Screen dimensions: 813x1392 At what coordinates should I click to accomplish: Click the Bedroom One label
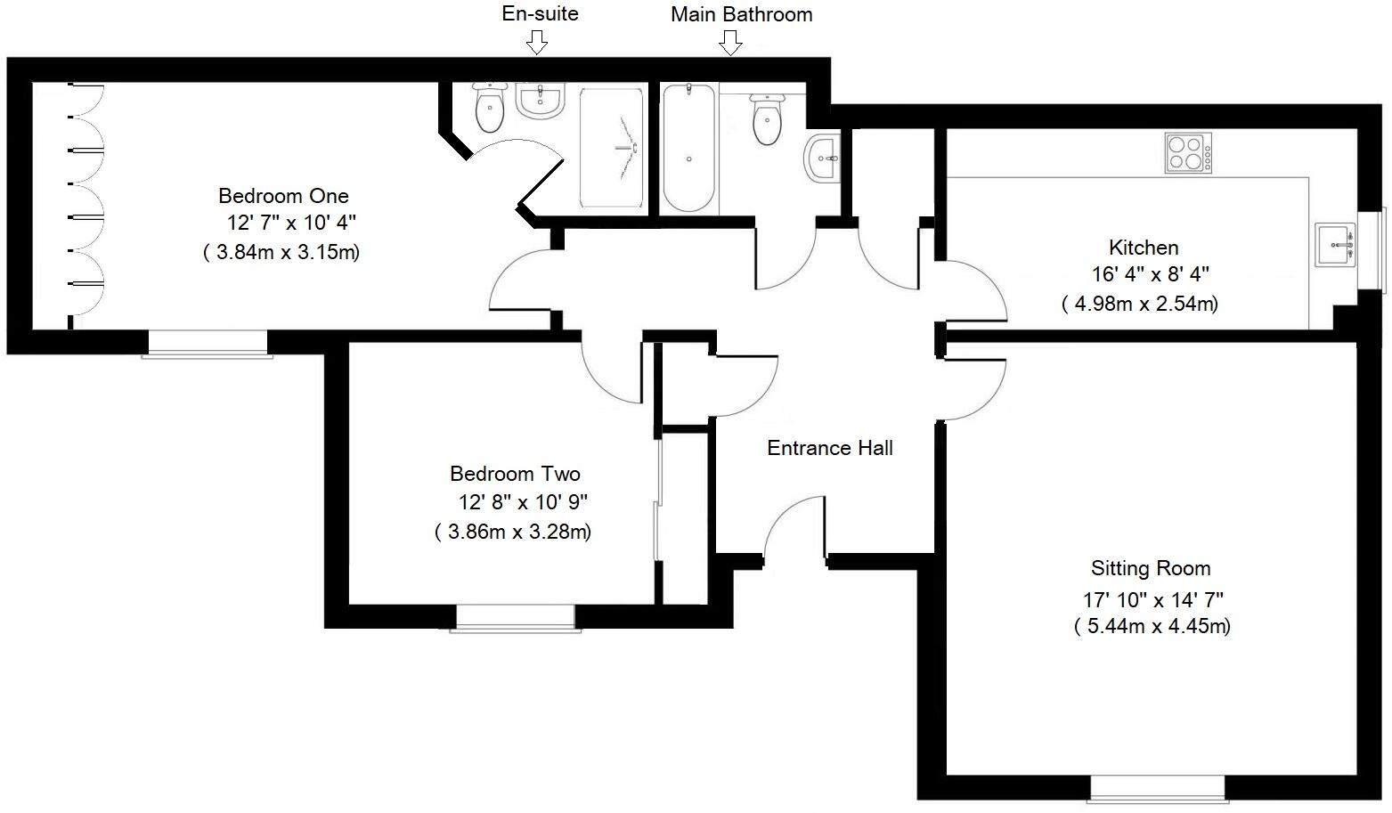283,196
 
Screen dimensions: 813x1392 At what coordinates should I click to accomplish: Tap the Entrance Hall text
829,448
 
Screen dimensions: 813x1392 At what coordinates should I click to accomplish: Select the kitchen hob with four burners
1188,152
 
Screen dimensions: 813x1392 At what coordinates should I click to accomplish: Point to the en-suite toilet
489,109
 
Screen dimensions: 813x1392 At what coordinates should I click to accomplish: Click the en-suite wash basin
541,102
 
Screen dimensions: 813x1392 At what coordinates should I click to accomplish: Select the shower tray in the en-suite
612,147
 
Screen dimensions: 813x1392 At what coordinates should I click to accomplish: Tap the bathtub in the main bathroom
688,147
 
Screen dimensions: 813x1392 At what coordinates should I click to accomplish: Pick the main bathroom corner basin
822,159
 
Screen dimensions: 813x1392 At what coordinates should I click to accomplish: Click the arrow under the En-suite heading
536,41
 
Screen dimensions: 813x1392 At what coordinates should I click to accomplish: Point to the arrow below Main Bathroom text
730,42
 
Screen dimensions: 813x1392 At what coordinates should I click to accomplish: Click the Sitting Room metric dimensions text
1152,626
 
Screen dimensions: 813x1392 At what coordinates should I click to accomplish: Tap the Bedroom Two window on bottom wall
515,617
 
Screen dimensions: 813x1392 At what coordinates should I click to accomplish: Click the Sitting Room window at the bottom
1157,789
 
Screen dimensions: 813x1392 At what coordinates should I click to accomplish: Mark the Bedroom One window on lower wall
208,344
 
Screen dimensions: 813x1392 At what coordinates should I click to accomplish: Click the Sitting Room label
1151,568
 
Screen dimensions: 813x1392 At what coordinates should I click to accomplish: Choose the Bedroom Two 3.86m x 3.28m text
513,533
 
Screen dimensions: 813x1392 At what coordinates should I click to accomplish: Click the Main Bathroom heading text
741,14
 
